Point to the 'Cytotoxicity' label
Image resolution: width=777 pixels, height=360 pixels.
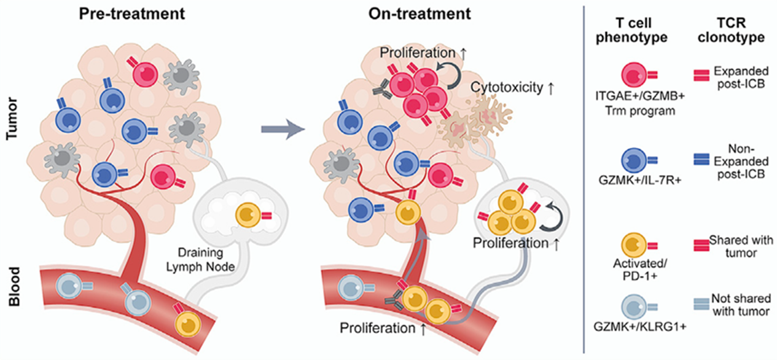pos(507,87)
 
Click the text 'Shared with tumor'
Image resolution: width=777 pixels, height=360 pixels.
pos(741,246)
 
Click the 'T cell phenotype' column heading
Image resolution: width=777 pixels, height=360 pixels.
pos(641,29)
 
